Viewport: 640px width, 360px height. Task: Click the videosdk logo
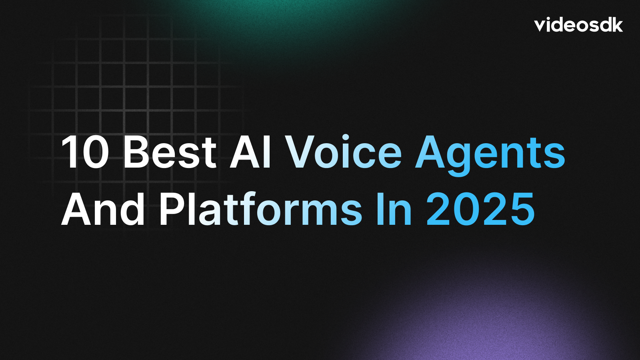[x=578, y=25]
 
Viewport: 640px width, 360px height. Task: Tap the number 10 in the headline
[x=85, y=153]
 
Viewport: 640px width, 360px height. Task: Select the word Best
[x=170, y=153]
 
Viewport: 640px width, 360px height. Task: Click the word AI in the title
[x=251, y=153]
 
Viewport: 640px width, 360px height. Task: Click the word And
[x=103, y=210]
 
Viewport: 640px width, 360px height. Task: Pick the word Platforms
[x=260, y=210]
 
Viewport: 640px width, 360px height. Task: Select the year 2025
[x=480, y=210]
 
